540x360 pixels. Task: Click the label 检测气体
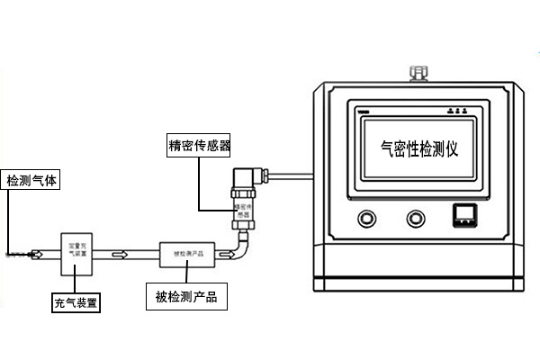pyautogui.click(x=31, y=180)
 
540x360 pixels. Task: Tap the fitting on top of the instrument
pyautogui.click(x=418, y=71)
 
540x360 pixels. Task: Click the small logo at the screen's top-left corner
pyautogui.click(x=363, y=111)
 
